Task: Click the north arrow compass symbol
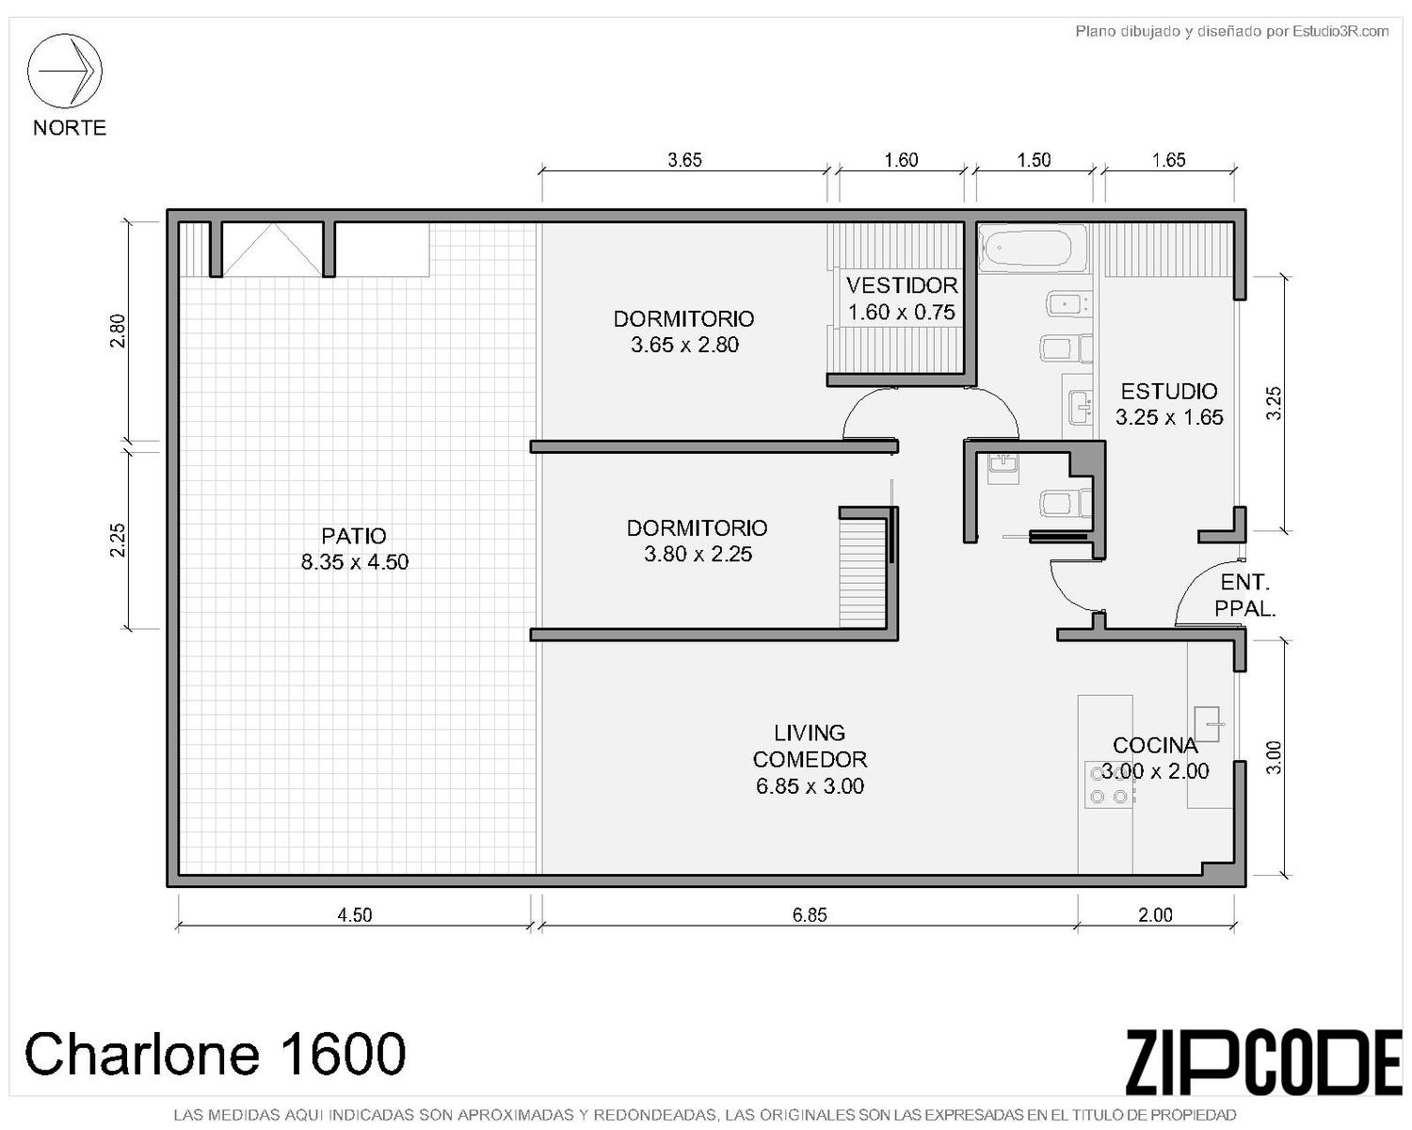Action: coord(64,71)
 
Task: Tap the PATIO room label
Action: coord(354,536)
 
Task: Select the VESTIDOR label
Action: coord(902,285)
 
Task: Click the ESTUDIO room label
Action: coord(1168,392)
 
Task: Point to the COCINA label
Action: coord(1155,745)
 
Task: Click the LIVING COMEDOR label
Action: coord(810,746)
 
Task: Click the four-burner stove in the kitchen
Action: coord(1109,784)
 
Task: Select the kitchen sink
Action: coord(1207,724)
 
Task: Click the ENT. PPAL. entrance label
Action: coord(1244,595)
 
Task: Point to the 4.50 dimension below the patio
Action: coord(354,915)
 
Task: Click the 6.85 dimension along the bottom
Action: coord(810,915)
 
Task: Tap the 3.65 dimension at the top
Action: coord(684,160)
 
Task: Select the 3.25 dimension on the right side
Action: coord(1274,403)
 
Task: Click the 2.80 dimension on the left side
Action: coord(118,331)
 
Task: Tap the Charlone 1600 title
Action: coord(216,1054)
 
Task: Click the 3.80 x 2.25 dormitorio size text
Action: coord(698,554)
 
